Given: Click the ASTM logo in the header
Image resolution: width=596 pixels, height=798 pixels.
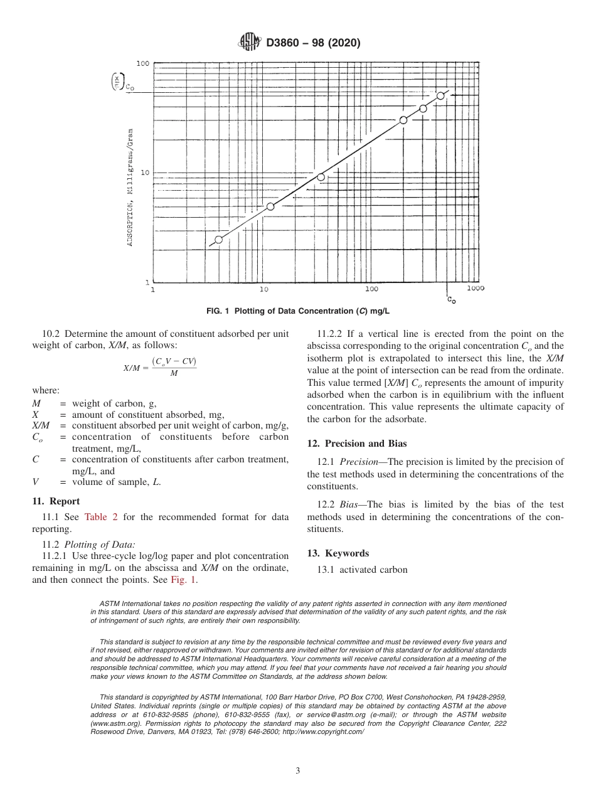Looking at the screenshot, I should point(250,43).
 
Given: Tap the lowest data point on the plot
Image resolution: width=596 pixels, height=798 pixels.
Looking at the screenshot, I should point(218,240).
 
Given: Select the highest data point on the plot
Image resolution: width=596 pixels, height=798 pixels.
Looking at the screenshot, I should point(440,95).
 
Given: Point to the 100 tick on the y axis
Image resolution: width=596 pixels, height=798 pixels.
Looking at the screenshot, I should point(142,63).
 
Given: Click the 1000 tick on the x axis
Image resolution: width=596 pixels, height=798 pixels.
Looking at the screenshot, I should point(475,289).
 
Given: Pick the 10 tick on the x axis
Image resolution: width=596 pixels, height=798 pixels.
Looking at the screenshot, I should point(263,289).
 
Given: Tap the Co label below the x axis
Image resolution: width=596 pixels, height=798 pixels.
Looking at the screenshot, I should point(451,301).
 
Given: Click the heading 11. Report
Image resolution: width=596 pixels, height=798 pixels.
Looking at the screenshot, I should point(56,501).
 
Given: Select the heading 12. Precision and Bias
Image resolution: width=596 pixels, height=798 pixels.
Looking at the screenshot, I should point(356,444).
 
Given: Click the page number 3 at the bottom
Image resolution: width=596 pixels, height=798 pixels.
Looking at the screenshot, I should point(298,770).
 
